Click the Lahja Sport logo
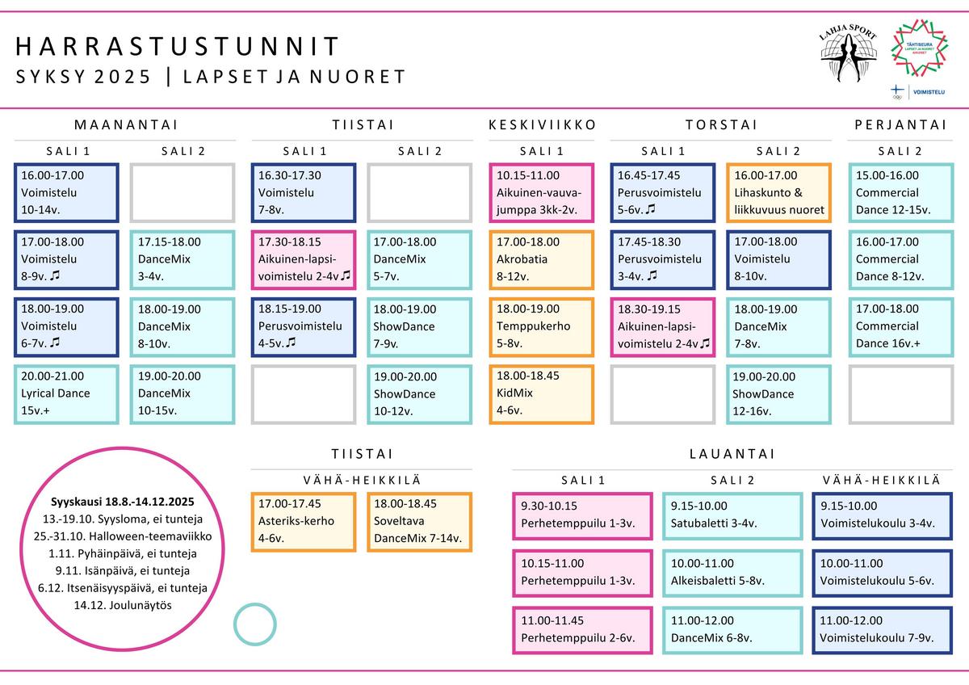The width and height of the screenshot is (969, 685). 848,53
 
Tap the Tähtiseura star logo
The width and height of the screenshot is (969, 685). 919,48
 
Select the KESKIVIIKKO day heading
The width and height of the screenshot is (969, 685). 542,125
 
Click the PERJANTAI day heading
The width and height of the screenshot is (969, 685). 900,125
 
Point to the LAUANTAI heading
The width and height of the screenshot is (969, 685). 732,454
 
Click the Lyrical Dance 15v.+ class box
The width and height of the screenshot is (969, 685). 66,394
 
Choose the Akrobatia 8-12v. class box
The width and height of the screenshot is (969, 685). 541,259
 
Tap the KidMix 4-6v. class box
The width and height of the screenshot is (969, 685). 541,393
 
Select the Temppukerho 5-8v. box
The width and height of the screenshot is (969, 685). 541,326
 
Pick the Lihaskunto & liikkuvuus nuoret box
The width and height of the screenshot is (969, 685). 778,192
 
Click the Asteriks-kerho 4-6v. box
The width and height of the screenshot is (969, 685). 304,522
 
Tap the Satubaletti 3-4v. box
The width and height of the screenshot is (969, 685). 732,516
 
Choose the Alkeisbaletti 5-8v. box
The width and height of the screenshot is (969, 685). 732,574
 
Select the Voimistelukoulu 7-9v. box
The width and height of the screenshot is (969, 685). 882,630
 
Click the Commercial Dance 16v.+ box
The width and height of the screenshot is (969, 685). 901,326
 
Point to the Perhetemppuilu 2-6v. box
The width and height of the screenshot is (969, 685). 582,630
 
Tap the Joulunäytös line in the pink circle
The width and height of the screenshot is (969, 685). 123,605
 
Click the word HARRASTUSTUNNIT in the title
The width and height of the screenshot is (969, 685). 178,46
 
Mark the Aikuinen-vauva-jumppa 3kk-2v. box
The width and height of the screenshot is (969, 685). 541,192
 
